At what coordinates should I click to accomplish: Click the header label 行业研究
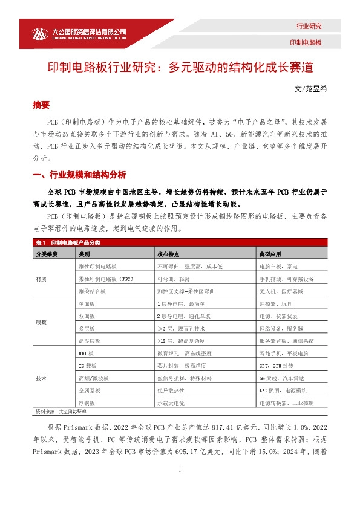point(309,27)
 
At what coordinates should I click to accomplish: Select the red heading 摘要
point(41,104)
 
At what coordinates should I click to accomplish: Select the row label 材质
point(41,279)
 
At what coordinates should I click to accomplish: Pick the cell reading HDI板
point(86,352)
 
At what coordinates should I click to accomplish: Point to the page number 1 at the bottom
point(180,498)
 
